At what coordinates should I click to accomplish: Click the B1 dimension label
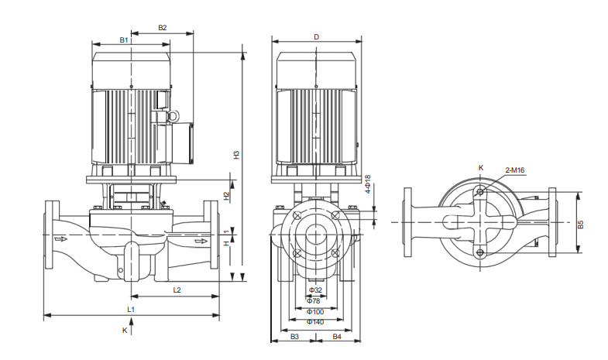[x=124, y=39]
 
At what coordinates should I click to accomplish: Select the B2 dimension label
[x=163, y=28]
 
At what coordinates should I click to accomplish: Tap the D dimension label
[x=316, y=37]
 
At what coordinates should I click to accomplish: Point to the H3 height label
[x=236, y=154]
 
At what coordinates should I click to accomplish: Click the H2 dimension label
[x=226, y=196]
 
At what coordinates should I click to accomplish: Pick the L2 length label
[x=177, y=290]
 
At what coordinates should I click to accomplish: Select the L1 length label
[x=132, y=309]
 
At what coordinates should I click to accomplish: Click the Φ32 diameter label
[x=315, y=290]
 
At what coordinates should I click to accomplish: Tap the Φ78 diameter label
[x=315, y=300]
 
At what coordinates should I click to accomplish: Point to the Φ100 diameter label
[x=315, y=311]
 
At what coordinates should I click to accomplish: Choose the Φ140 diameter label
[x=315, y=321]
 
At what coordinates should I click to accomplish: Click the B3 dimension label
[x=294, y=337]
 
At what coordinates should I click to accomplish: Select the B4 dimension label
[x=337, y=337]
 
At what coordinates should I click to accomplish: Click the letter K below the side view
[x=125, y=330]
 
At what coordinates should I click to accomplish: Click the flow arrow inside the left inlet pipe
[x=61, y=239]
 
